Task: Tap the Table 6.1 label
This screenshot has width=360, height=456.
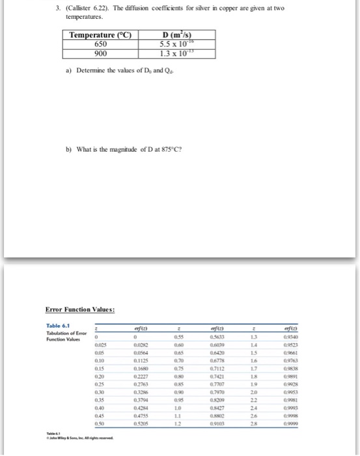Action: [x=61, y=328]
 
